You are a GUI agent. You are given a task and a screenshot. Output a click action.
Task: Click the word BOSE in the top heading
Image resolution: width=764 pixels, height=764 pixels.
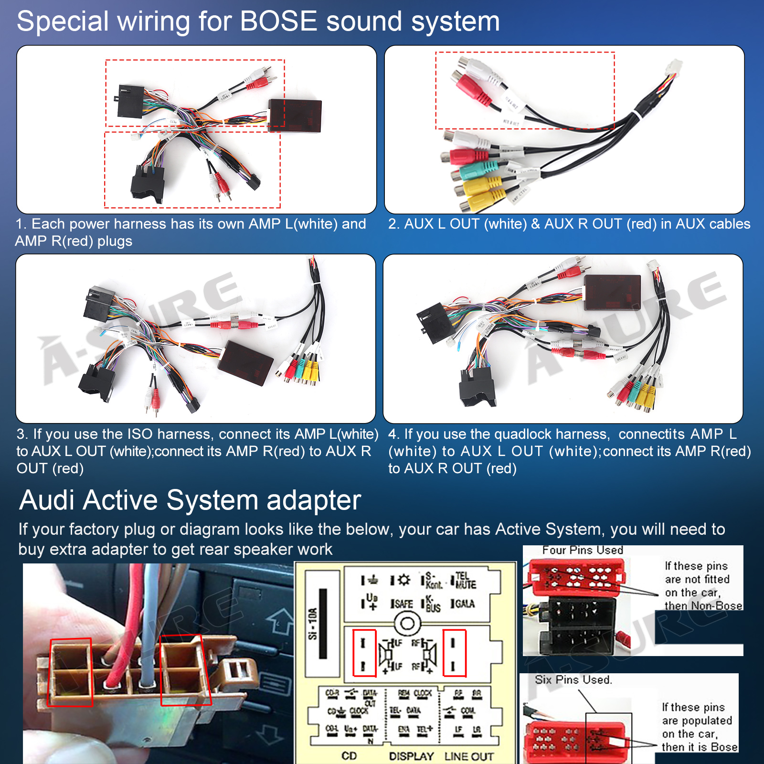click(x=278, y=21)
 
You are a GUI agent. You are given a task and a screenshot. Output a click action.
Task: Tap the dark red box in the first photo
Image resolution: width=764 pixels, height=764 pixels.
click(x=295, y=116)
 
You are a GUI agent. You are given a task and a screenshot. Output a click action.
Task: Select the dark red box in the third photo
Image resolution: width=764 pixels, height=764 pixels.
click(x=245, y=362)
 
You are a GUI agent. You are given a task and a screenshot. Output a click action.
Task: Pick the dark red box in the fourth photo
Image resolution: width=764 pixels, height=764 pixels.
click(x=612, y=292)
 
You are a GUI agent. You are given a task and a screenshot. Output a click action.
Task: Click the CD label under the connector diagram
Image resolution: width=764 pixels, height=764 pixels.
click(x=349, y=756)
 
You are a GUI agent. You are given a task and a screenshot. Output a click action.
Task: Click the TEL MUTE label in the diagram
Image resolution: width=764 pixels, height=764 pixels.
click(x=465, y=580)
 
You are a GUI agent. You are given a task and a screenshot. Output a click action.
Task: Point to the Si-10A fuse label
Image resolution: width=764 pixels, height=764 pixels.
click(x=312, y=623)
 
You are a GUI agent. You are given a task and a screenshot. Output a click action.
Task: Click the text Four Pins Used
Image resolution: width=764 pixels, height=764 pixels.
click(x=583, y=550)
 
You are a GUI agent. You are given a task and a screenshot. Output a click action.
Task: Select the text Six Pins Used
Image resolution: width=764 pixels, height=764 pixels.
click(x=573, y=679)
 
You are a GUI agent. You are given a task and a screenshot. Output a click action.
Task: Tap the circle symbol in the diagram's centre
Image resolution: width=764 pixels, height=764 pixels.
click(x=407, y=623)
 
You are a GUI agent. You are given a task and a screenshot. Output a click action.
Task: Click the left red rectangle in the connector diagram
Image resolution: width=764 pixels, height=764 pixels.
click(x=364, y=653)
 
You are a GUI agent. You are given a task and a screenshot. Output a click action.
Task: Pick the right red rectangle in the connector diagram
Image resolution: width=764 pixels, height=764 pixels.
click(x=454, y=653)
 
